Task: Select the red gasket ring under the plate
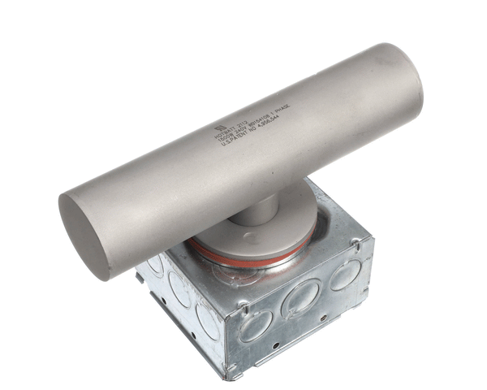[243, 258]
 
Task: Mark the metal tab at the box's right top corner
[356, 243]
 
